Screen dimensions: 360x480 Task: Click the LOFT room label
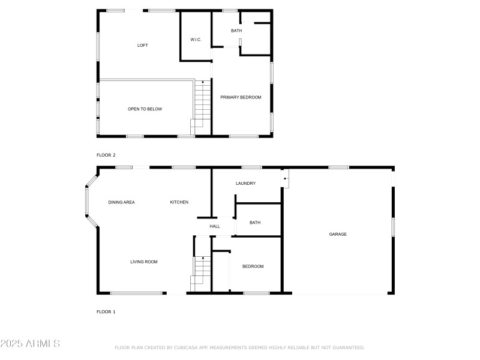coord(142,46)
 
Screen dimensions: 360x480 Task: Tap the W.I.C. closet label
coord(196,40)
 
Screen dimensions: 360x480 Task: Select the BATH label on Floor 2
coord(236,31)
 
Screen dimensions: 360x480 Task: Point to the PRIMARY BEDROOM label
coord(241,97)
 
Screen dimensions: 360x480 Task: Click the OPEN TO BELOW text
coord(145,109)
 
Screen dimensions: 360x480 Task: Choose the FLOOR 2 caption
coord(106,155)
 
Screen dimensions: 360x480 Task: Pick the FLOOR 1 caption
coord(106,312)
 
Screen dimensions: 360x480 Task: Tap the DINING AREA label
coord(121,202)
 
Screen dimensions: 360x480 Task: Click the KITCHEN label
coord(179,202)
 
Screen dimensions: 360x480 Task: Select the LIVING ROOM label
coord(144,262)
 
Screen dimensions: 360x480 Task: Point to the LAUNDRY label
coord(246,183)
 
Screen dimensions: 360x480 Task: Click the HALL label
coord(215,226)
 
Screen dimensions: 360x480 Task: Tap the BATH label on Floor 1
coord(255,223)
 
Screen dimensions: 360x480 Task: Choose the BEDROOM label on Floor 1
coord(253,266)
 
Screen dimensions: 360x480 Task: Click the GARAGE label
coord(338,234)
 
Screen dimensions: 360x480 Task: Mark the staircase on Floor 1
coord(202,273)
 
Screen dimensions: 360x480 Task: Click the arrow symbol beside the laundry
coord(286,178)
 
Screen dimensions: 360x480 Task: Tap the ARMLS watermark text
coord(30,344)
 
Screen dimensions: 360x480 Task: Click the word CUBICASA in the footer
coord(187,347)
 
